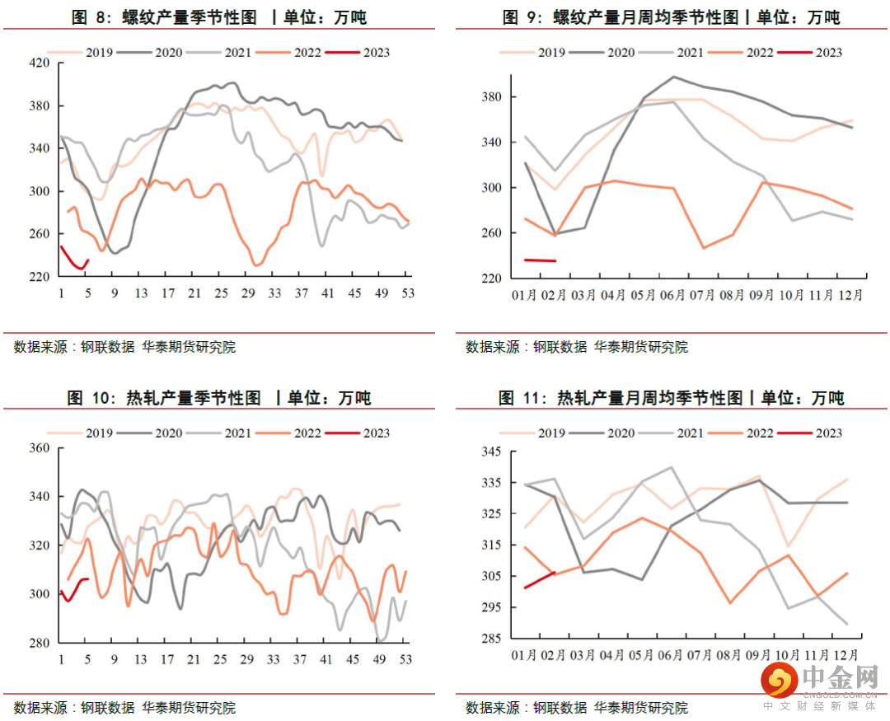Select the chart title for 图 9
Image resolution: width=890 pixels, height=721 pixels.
point(672,17)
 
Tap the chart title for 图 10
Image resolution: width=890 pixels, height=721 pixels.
point(219,398)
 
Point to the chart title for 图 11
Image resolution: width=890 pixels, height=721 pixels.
point(672,398)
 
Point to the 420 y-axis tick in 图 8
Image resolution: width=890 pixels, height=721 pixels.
point(40,63)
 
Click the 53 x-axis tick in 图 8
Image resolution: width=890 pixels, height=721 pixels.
point(406,293)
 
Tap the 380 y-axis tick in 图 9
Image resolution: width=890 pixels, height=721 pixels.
point(492,97)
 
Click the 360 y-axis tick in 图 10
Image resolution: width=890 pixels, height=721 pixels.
point(40,448)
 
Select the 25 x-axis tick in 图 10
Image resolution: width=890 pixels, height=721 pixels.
point(220,659)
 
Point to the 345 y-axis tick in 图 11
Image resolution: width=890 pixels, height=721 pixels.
point(492,452)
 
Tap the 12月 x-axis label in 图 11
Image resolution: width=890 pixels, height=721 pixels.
point(844,655)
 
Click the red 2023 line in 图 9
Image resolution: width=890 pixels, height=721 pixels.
point(540,260)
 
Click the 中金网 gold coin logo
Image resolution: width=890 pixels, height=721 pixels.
point(777,681)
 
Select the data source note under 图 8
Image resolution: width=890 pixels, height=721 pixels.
point(124,347)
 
